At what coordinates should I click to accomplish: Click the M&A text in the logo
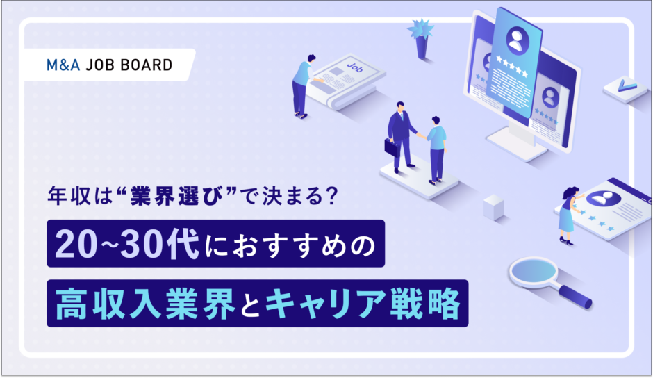click(63, 65)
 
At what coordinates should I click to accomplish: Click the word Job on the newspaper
click(355, 67)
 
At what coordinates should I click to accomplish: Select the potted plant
click(421, 39)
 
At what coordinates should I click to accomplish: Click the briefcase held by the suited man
click(392, 147)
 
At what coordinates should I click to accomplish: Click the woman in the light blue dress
click(570, 215)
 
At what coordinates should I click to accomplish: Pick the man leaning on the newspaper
click(304, 86)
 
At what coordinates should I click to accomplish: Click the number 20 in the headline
click(72, 244)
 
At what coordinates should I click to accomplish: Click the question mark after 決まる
click(332, 196)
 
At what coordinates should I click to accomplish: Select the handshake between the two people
click(420, 135)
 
